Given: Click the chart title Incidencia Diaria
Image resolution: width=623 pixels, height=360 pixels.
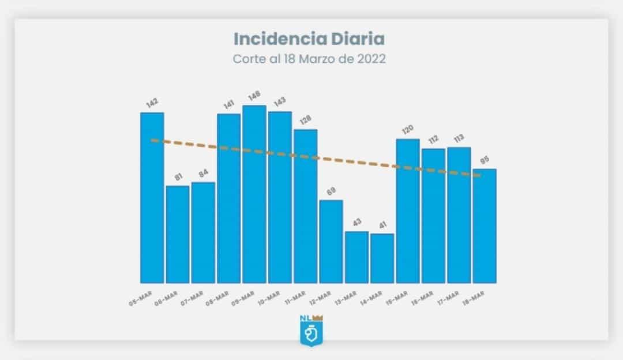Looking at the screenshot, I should (309, 40).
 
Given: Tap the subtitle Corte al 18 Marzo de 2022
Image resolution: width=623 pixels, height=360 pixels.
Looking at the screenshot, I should (309, 59).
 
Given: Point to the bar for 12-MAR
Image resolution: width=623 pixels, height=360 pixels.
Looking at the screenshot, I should (331, 242).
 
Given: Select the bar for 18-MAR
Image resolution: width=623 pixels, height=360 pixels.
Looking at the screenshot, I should (485, 226).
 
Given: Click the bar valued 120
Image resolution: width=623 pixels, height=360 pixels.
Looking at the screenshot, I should (408, 211).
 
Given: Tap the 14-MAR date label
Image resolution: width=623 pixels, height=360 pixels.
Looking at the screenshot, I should (370, 298).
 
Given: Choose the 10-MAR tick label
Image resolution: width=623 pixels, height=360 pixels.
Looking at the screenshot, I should (268, 298).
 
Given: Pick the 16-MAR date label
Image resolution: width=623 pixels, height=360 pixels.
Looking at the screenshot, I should (422, 298).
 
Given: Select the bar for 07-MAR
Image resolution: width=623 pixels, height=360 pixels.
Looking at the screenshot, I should (203, 232).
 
